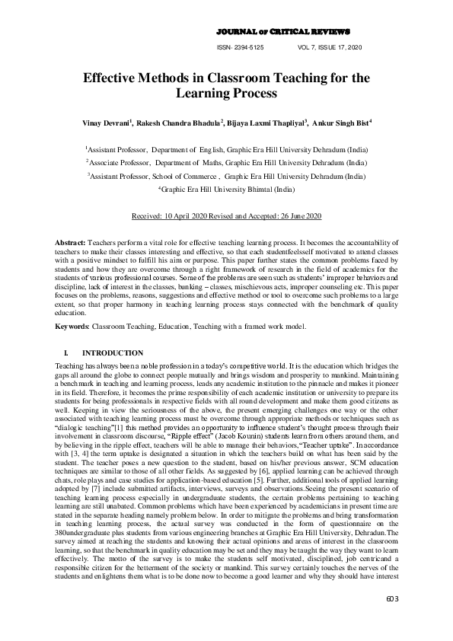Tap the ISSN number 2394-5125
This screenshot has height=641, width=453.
pyautogui.click(x=241, y=47)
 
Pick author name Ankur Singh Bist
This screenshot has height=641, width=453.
pyautogui.click(x=340, y=123)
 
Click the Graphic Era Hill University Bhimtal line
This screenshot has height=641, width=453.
pyautogui.click(x=226, y=187)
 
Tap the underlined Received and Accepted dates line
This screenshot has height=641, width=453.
pyautogui.click(x=226, y=216)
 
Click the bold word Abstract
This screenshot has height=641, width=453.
pyautogui.click(x=70, y=241)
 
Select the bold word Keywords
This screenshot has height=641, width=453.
pyautogui.click(x=72, y=327)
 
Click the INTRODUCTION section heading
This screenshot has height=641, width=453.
pyautogui.click(x=112, y=353)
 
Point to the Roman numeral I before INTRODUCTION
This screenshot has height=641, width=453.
pyautogui.click(x=68, y=353)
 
